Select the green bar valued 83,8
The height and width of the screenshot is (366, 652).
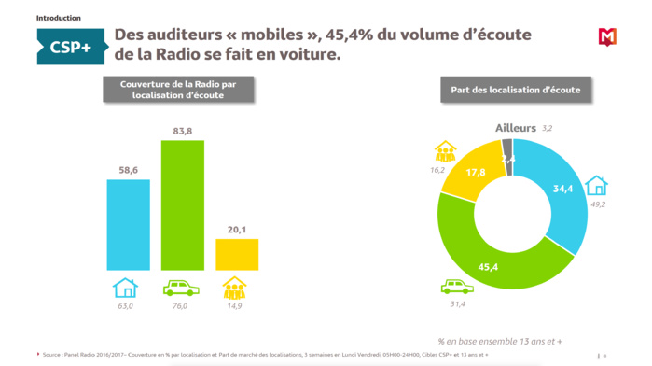[183, 206]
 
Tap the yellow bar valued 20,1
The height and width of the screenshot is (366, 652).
[237, 254]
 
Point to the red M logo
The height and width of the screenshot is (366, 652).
[607, 37]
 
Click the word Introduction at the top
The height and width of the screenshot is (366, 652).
[58, 18]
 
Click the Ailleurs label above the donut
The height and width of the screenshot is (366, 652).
[516, 127]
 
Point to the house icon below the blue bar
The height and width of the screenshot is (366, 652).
[125, 287]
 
